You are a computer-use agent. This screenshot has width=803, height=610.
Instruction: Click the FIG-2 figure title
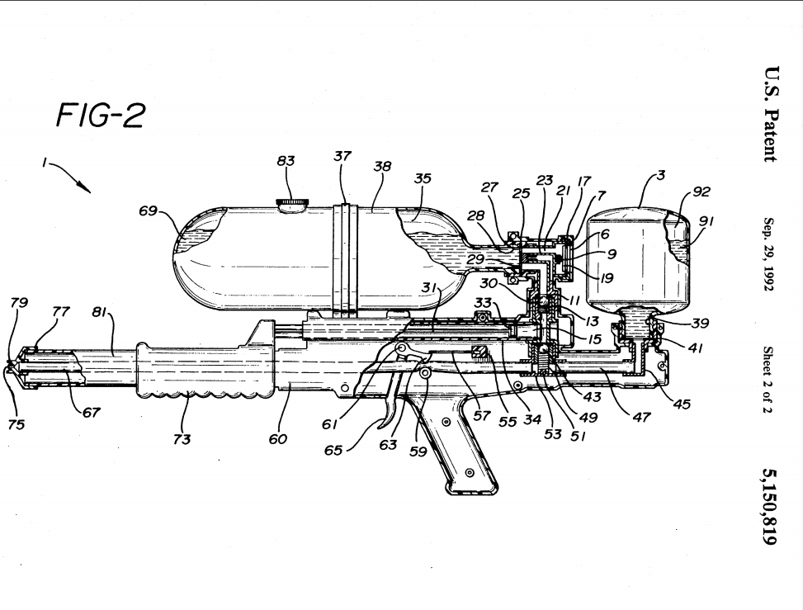(101, 116)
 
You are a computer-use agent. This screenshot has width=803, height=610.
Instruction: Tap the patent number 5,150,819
(770, 506)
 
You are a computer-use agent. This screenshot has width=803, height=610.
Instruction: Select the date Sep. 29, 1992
(768, 254)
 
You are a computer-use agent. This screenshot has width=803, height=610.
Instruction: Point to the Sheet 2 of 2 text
(768, 379)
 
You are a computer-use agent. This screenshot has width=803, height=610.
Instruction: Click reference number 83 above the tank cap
(286, 161)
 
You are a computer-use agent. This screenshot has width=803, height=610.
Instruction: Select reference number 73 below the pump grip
(182, 439)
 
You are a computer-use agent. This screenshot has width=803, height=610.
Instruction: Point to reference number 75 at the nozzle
(17, 424)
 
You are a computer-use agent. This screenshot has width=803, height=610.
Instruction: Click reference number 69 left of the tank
(148, 210)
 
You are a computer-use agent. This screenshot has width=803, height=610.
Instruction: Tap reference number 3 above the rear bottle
(660, 175)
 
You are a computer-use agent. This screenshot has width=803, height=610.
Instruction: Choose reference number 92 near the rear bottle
(701, 192)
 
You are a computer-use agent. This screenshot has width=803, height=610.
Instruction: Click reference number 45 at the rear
(682, 404)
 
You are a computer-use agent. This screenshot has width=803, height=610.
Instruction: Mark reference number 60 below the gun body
(278, 438)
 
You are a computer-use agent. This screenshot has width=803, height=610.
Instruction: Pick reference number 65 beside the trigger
(333, 450)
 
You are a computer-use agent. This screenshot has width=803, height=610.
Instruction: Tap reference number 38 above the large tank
(382, 166)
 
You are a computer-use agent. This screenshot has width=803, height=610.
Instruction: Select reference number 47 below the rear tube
(641, 417)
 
